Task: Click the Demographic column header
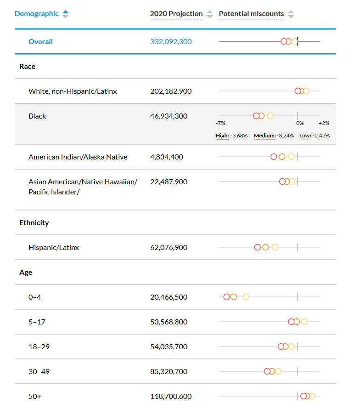36,14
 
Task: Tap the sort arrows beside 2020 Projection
209,14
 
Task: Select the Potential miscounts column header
251,14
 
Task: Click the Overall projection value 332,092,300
171,42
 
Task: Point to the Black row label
37,116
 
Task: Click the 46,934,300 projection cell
169,116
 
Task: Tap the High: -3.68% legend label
231,136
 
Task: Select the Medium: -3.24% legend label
274,136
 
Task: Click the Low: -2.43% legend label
315,136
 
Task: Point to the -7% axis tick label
220,123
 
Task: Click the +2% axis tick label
324,123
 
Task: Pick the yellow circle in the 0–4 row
246,297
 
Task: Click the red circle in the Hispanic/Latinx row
257,247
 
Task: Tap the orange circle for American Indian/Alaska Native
282,157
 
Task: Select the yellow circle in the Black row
270,116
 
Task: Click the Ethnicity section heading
34,223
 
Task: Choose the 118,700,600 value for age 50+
171,397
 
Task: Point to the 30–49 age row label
39,371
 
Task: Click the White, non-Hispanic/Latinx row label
73,91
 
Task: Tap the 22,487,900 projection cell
169,182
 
